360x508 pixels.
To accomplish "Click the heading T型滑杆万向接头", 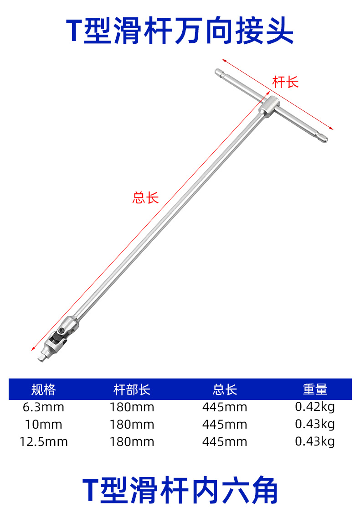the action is point(180,31).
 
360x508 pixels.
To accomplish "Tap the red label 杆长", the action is point(285,82).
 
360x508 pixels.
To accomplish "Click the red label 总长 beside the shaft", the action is point(145,197).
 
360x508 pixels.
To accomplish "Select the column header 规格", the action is point(43,389).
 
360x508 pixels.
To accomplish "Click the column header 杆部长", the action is point(132,389).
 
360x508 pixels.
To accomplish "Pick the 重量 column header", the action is point(315,389).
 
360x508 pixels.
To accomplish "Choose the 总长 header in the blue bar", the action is point(225,389).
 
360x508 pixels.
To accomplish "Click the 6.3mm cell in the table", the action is point(43,407).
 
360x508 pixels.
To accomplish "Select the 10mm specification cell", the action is point(43,425).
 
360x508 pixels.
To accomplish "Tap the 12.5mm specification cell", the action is point(43,442).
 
